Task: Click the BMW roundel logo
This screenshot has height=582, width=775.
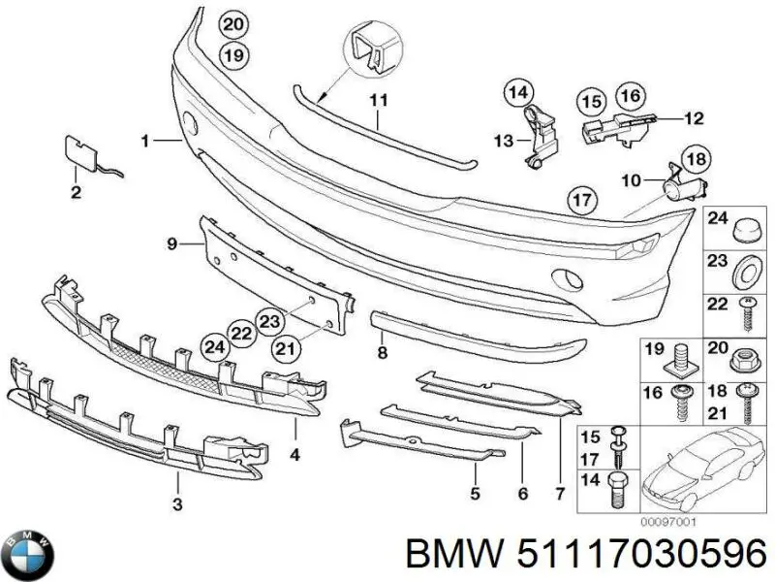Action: click(x=28, y=554)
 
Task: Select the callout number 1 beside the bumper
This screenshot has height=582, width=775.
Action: click(x=144, y=142)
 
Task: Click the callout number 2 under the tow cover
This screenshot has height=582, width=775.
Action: click(x=76, y=192)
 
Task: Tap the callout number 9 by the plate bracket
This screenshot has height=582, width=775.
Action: click(x=171, y=244)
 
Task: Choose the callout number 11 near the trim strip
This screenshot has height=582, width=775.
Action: click(x=378, y=100)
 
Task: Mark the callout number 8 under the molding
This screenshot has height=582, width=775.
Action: click(x=383, y=353)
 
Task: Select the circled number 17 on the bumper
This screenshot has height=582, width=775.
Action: click(x=579, y=200)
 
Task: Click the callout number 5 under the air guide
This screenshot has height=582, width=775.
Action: click(x=475, y=494)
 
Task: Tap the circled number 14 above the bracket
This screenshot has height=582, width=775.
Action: click(x=517, y=93)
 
